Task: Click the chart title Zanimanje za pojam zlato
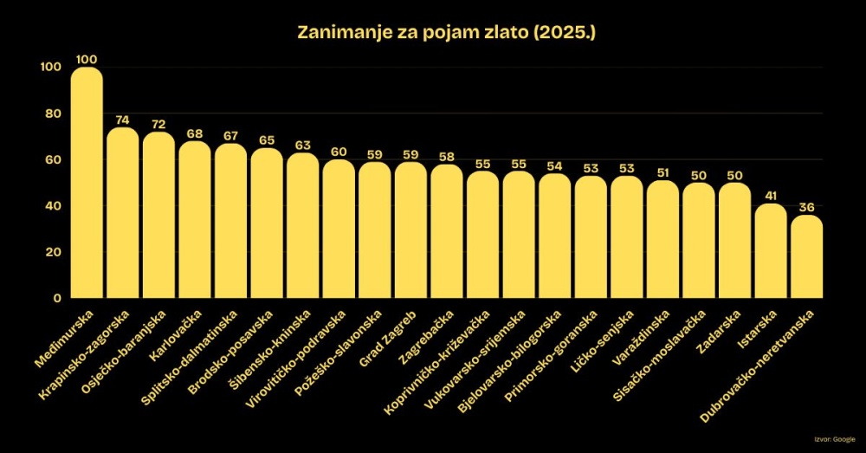tap(433, 33)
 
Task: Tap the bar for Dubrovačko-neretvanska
tap(807, 257)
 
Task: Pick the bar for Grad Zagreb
tap(410, 230)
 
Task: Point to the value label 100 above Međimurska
tap(86, 59)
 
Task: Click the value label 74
tap(122, 120)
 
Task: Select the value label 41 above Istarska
tap(771, 196)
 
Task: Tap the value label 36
tap(807, 207)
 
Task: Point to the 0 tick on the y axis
tap(56, 298)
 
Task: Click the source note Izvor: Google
tap(835, 440)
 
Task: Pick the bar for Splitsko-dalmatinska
tap(230, 221)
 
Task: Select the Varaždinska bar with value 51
tap(662, 239)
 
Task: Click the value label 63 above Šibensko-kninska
tap(302, 146)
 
